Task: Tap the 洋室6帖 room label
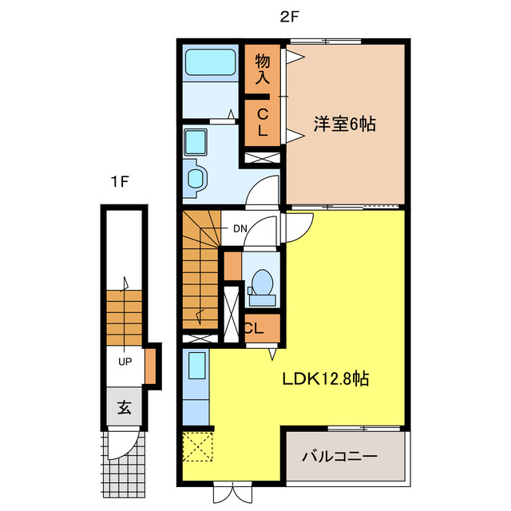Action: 344,125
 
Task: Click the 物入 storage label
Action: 263,67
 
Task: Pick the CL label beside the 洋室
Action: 262,122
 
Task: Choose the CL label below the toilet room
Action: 255,327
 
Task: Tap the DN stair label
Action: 240,229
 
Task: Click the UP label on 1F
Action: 125,361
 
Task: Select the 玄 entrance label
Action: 125,408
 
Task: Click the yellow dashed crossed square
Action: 196,445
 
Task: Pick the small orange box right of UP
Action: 150,363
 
